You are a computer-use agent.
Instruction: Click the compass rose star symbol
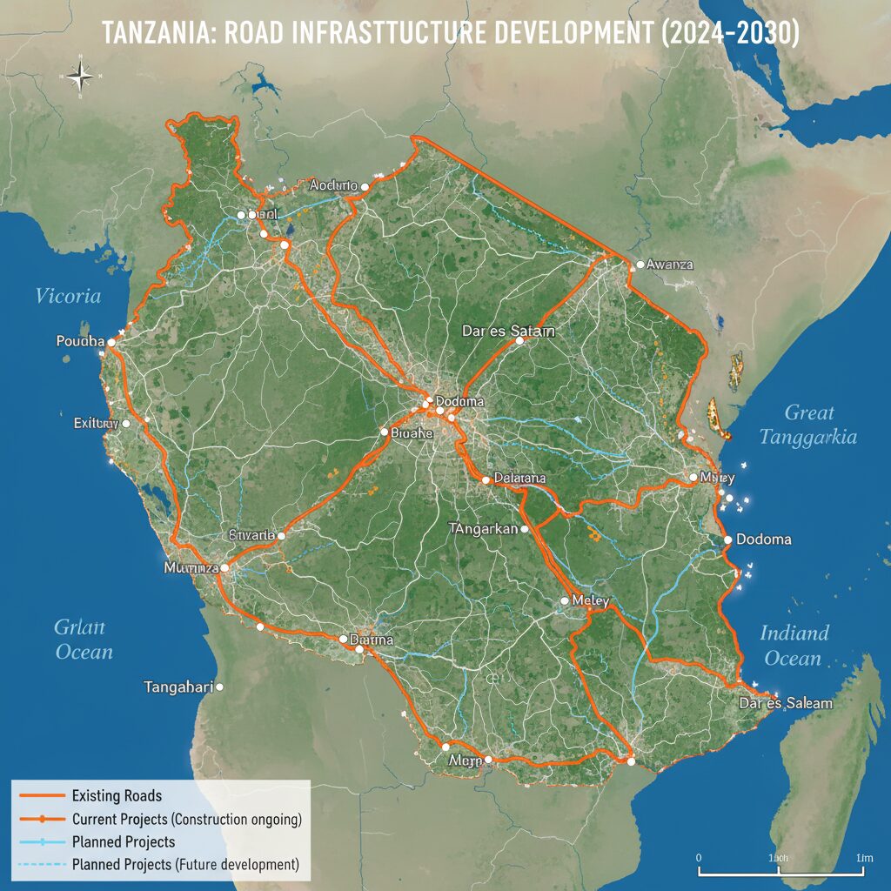pyautogui.click(x=80, y=77)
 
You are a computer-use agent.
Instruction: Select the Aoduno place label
pyautogui.click(x=333, y=185)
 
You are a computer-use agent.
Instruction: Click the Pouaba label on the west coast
pyautogui.click(x=79, y=341)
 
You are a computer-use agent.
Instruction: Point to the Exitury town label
pyautogui.click(x=96, y=423)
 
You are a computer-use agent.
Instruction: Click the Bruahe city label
pyautogui.click(x=412, y=432)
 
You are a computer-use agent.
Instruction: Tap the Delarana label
pyautogui.click(x=519, y=479)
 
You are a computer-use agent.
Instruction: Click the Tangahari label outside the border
pyautogui.click(x=178, y=687)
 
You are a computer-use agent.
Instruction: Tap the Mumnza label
pyautogui.click(x=191, y=567)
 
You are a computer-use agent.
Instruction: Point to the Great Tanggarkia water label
pyautogui.click(x=808, y=425)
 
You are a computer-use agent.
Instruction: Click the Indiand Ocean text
pyautogui.click(x=794, y=645)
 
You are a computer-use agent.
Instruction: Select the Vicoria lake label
pyautogui.click(x=68, y=296)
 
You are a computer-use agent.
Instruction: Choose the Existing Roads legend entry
pyautogui.click(x=117, y=795)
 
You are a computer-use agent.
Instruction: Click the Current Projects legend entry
pyautogui.click(x=186, y=819)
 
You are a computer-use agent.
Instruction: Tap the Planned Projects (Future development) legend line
pyautogui.click(x=185, y=864)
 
